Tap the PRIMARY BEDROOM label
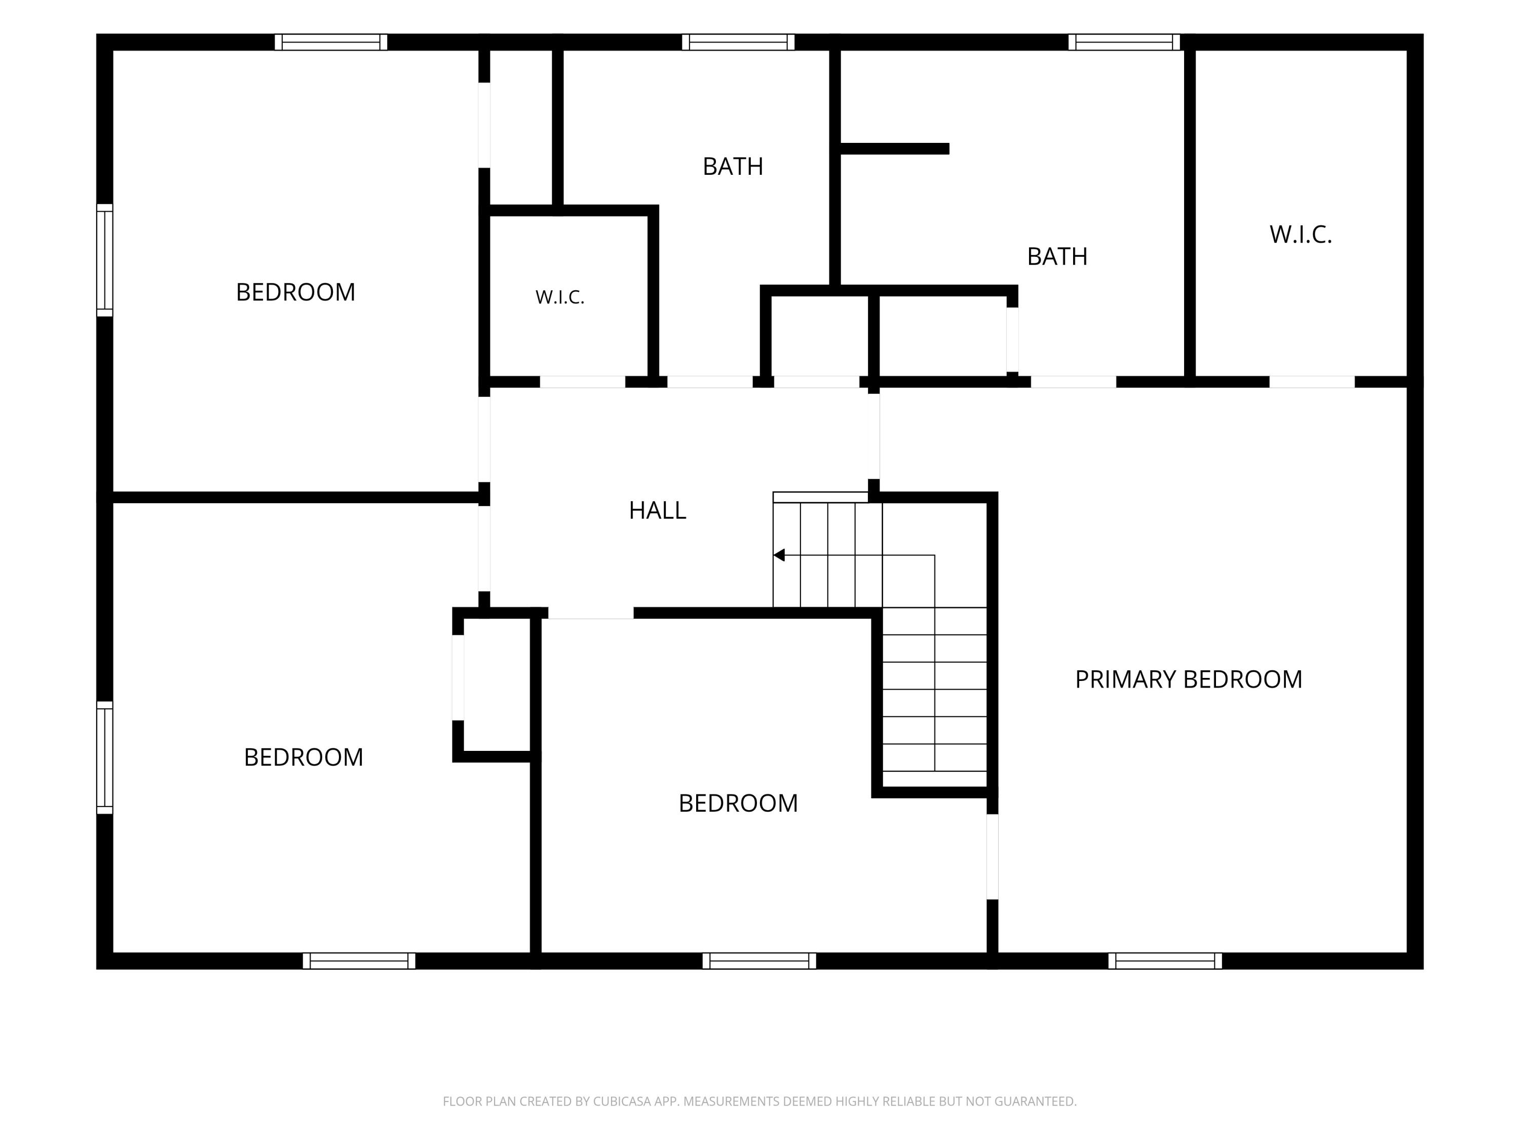1188,679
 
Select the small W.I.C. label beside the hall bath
559,297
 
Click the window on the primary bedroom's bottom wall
1165,961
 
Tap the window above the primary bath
1124,42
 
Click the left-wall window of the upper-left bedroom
104,260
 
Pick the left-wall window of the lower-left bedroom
104,758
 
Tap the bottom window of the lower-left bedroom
359,961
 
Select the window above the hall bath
738,42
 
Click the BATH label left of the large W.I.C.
1057,257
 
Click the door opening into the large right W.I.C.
1312,382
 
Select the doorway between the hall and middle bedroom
591,613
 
